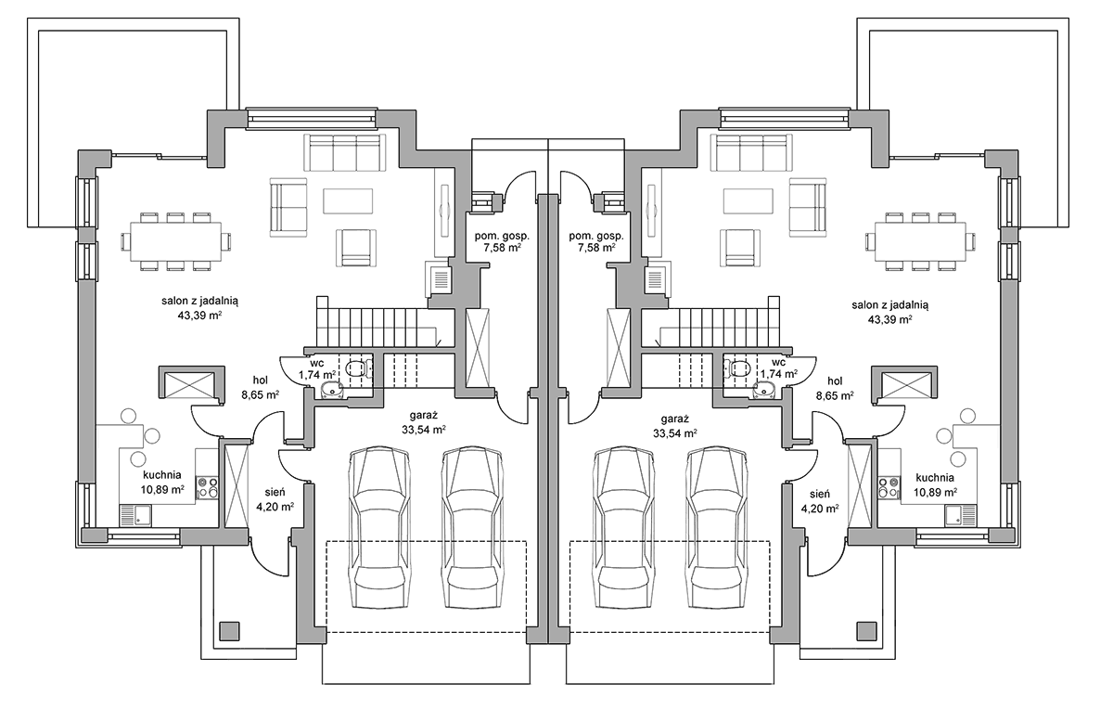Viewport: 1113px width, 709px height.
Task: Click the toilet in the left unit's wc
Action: point(357,368)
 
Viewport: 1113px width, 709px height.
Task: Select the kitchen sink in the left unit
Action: point(135,515)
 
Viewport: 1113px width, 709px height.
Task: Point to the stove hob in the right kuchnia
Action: point(889,488)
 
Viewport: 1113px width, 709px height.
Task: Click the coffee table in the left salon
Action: point(348,200)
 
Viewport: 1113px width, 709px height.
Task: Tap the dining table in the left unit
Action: point(175,241)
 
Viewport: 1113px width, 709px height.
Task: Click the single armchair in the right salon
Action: point(742,248)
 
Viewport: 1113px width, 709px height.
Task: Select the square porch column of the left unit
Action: point(230,631)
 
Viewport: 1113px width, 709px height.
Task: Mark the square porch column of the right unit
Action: point(866,631)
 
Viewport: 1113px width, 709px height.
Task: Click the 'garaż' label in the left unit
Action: point(424,415)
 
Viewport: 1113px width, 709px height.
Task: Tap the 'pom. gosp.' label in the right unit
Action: point(596,236)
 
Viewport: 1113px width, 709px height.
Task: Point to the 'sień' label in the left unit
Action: point(275,492)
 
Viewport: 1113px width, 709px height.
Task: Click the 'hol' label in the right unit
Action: point(835,381)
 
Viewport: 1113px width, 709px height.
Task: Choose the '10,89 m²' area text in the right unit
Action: point(936,492)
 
